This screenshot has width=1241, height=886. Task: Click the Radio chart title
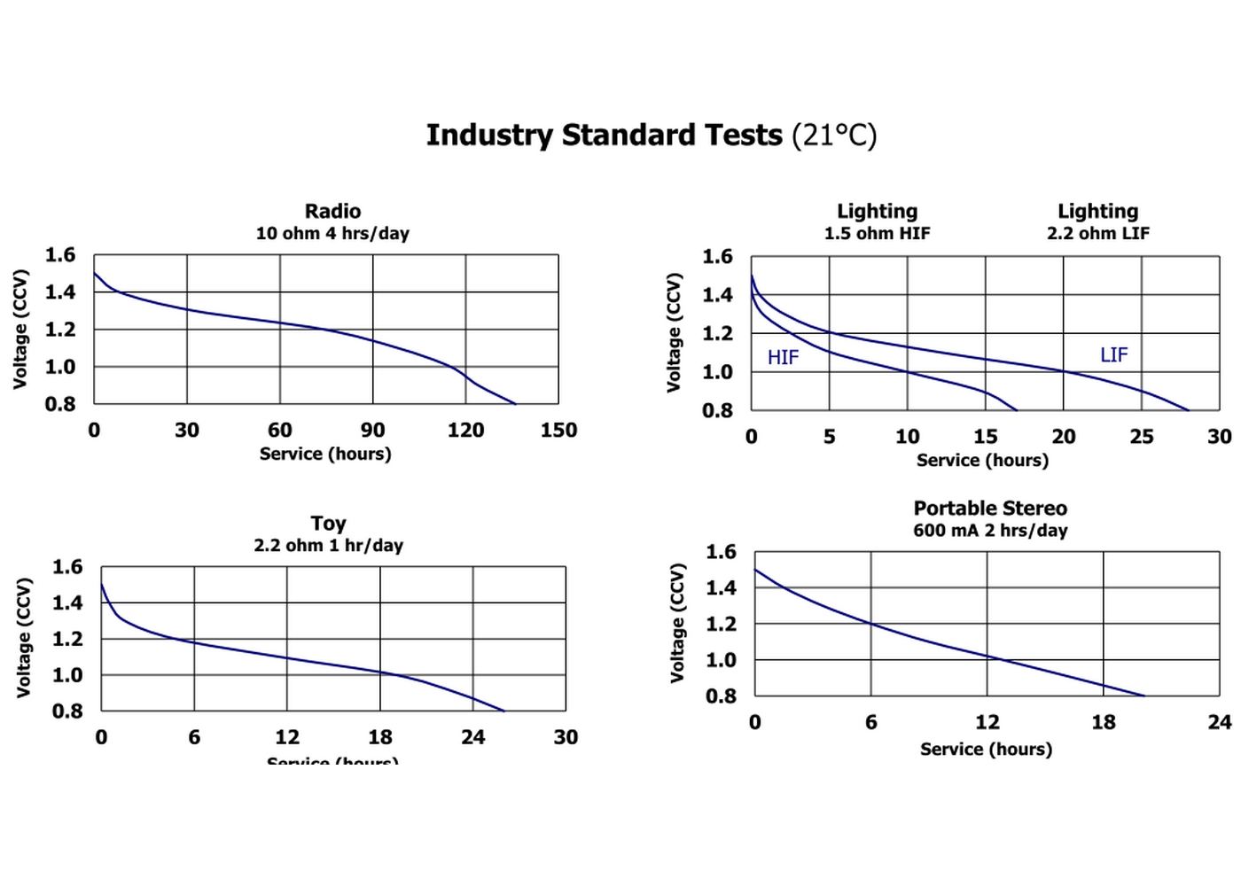click(332, 211)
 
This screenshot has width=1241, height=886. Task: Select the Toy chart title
click(328, 523)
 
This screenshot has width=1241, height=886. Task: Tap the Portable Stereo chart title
click(990, 509)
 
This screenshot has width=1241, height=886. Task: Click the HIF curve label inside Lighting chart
click(783, 358)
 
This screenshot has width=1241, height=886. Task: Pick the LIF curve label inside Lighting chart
click(1113, 355)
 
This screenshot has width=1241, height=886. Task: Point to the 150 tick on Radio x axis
click(558, 431)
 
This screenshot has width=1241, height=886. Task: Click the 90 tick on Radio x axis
click(372, 431)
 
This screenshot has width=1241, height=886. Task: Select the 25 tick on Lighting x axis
click(1142, 437)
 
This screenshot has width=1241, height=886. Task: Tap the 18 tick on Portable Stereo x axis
click(1104, 723)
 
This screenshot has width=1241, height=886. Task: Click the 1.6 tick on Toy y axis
click(67, 567)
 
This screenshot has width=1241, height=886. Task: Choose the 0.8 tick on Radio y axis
click(60, 404)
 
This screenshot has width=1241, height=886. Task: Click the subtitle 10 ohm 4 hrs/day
click(332, 234)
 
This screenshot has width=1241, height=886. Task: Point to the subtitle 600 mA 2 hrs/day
click(990, 531)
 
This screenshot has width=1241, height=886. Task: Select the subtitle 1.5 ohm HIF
click(877, 234)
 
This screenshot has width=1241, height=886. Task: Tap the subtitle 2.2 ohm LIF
click(1097, 234)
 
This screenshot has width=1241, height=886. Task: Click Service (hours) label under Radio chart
click(325, 455)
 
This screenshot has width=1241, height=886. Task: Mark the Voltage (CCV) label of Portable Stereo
click(678, 623)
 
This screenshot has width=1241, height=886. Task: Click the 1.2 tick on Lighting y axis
click(717, 334)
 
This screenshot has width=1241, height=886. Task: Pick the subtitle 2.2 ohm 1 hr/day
click(328, 546)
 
